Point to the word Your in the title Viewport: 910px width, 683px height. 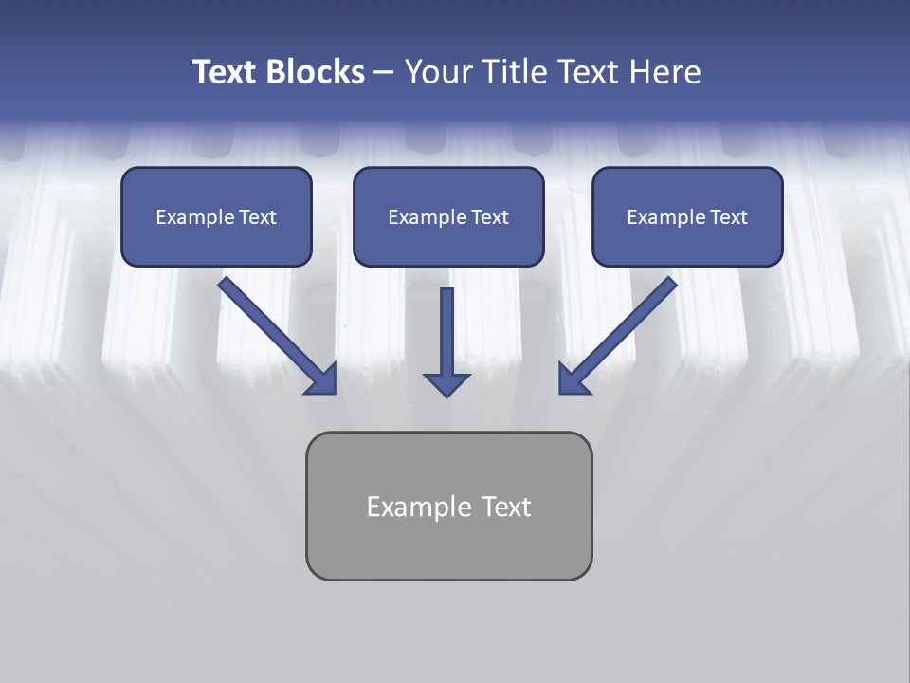click(438, 72)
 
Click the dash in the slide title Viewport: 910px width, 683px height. click(384, 73)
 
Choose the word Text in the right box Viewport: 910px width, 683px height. click(728, 217)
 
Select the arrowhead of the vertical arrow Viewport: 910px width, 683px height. click(446, 383)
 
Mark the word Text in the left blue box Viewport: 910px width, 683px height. click(257, 217)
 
